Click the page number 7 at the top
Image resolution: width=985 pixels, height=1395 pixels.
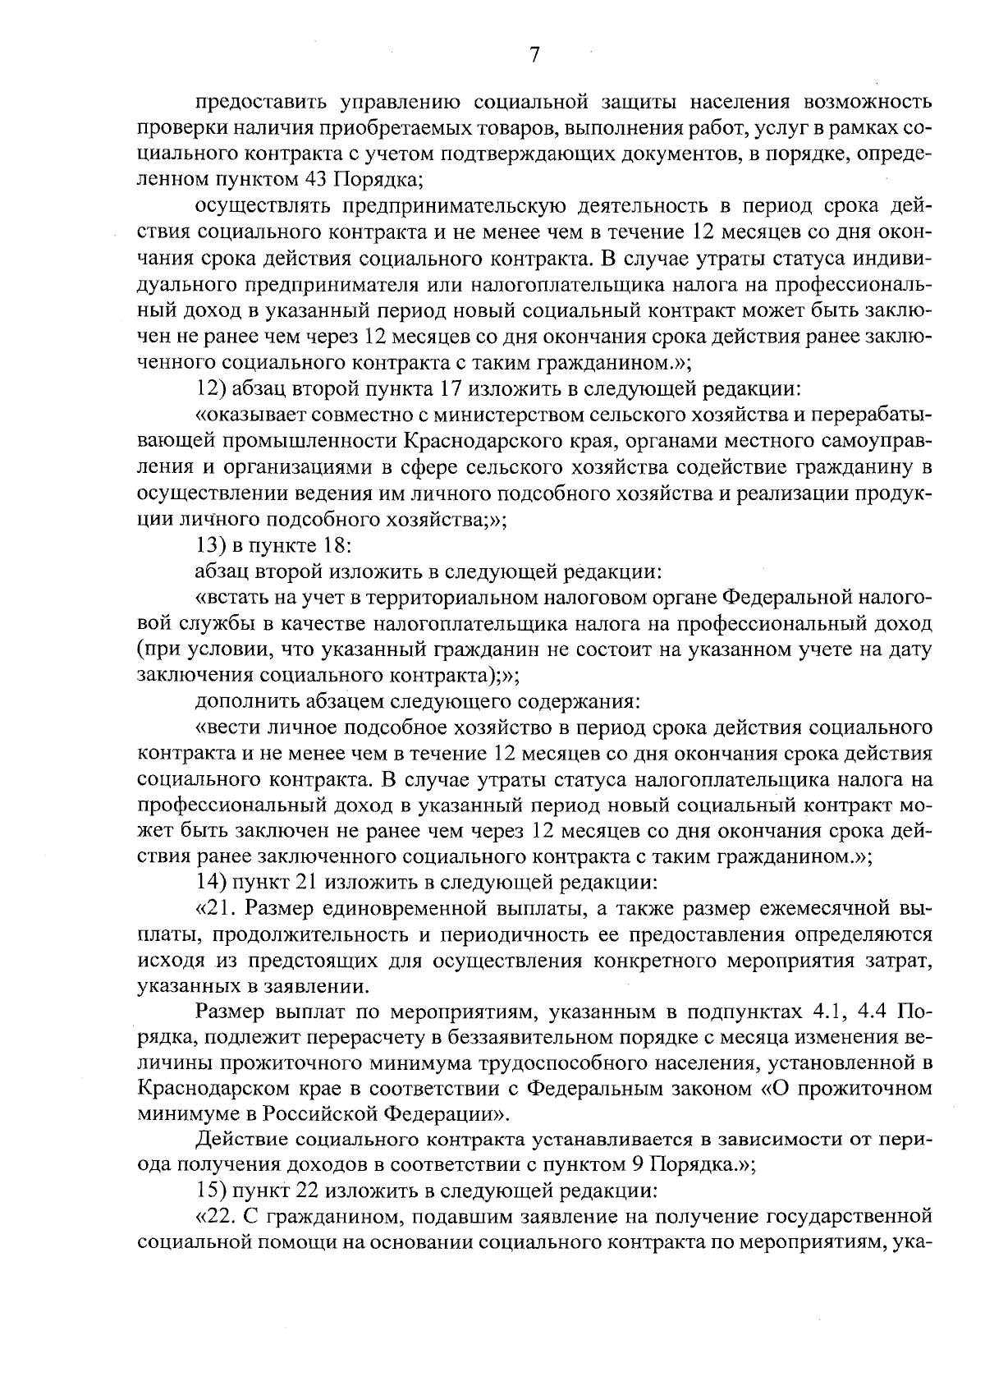click(534, 55)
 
